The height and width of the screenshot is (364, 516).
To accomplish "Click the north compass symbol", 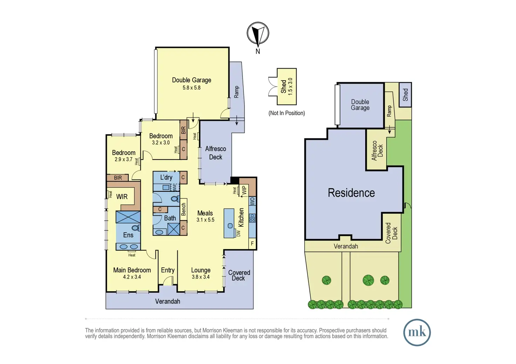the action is [258, 34].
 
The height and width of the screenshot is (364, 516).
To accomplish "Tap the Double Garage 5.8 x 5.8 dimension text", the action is [191, 88].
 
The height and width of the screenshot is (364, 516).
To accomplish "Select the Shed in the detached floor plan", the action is [287, 86].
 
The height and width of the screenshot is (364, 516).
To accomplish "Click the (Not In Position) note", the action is [286, 113].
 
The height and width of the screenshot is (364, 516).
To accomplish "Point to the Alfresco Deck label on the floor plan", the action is [216, 153].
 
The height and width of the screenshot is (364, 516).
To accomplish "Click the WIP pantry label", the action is [244, 190].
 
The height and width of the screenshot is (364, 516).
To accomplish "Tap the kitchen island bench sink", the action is [230, 226].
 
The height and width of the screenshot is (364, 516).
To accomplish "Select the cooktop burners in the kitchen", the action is [252, 218].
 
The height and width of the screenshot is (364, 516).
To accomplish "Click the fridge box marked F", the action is [252, 244].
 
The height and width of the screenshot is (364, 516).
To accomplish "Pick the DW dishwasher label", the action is [239, 233].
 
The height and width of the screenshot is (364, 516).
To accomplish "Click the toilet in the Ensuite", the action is [136, 228].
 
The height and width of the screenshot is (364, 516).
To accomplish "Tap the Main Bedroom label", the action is [132, 270].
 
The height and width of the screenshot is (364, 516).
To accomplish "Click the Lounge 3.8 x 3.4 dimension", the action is [201, 277].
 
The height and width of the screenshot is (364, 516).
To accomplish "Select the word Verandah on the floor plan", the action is [168, 301].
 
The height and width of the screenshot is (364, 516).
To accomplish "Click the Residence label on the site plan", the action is [351, 193].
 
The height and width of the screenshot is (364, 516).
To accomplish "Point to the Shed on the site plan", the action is [405, 94].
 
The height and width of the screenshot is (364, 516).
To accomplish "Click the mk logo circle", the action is [417, 332].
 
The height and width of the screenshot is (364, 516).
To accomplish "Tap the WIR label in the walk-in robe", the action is [122, 197].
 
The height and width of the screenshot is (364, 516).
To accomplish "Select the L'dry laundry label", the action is [166, 177].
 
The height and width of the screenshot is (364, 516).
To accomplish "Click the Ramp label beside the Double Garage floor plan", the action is [236, 92].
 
